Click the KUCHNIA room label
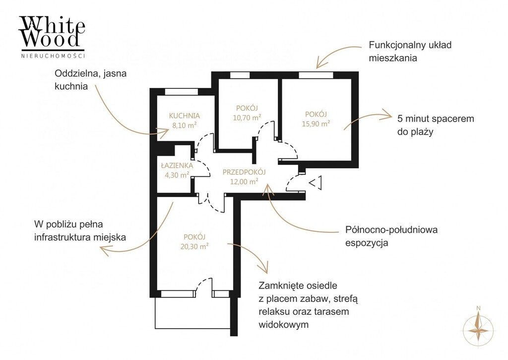point(185,116)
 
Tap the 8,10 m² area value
point(185,125)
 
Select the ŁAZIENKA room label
point(177,165)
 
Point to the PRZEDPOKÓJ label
point(244,172)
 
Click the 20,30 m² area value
point(194,246)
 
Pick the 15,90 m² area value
point(316,124)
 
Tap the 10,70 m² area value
point(247,117)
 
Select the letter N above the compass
point(479,308)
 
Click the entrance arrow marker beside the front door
point(315,183)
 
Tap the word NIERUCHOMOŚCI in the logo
point(53,56)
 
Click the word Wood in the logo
point(52,39)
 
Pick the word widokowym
point(283,324)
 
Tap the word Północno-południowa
point(391,230)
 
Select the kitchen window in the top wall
point(182,92)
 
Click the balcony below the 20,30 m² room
point(192,313)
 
